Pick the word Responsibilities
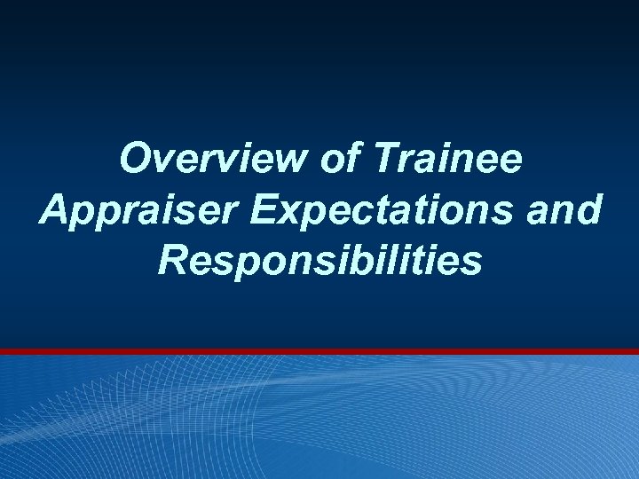[320, 261]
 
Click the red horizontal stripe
[319, 352]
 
